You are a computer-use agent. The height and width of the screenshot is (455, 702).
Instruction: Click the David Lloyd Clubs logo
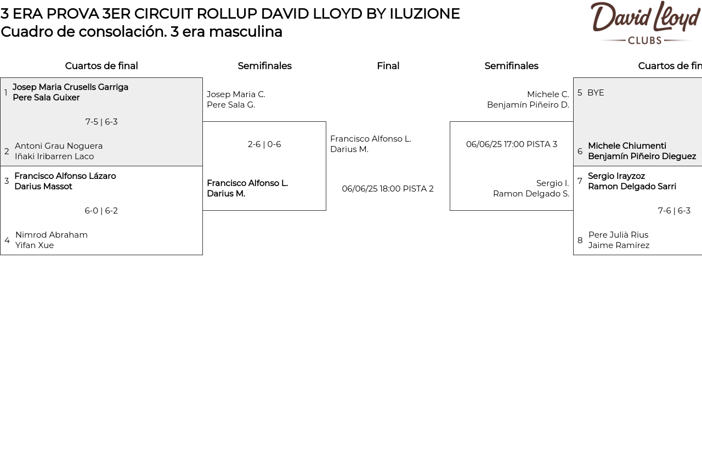coord(645,23)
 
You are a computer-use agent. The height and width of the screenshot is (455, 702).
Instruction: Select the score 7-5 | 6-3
coord(101,122)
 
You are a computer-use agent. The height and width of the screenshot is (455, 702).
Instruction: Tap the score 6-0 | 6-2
coord(101,211)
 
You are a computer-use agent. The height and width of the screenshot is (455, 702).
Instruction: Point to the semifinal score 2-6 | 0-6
coord(264,144)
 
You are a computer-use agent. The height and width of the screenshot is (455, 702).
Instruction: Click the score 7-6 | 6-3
coord(674,211)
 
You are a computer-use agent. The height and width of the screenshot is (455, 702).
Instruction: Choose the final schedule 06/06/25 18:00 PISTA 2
coord(388,189)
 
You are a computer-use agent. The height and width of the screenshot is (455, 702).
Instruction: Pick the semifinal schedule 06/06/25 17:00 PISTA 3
coord(512,144)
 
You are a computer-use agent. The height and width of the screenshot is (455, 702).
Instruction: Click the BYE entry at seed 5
coord(596,93)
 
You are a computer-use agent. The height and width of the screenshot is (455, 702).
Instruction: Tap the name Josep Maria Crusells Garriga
coord(70,87)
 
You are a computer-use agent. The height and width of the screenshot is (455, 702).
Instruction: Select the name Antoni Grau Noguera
coord(59,146)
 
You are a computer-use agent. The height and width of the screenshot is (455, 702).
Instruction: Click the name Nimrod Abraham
coord(52,235)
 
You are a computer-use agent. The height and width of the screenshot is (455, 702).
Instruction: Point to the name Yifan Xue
coord(35,245)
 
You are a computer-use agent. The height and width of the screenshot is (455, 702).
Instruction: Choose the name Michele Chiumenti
coord(627,146)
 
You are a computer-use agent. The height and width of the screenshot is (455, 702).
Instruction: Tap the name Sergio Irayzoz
coord(616,176)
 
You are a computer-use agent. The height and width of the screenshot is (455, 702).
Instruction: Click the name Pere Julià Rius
coord(618,235)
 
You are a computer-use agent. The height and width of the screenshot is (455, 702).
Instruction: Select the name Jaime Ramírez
coord(619,245)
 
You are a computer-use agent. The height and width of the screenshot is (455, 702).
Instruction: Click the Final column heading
coord(388,66)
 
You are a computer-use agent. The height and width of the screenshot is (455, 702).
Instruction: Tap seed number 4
coord(7,240)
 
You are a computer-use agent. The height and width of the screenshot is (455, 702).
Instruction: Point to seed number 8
coord(580,240)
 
